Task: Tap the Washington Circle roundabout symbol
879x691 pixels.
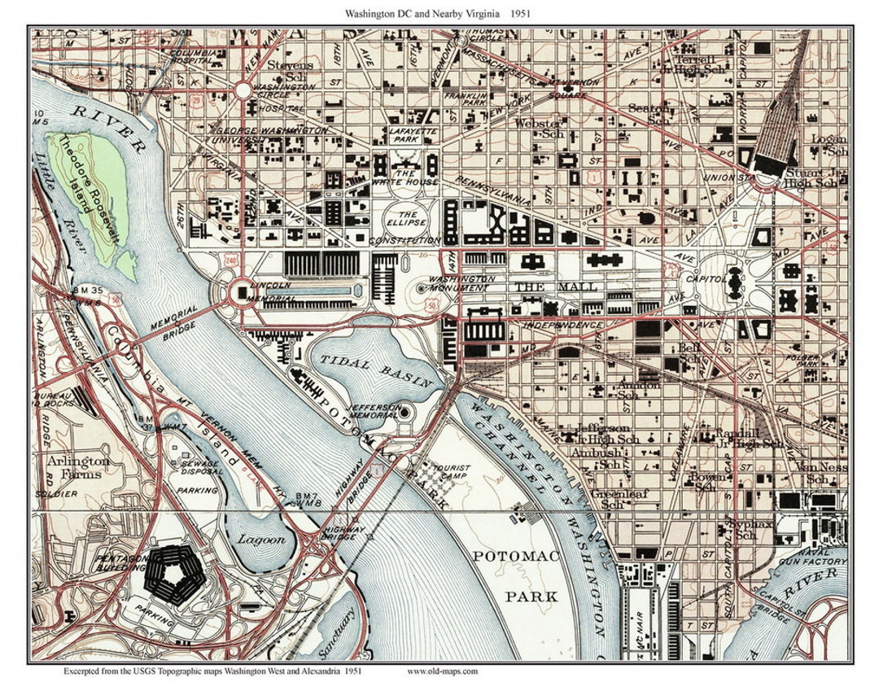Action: point(243,90)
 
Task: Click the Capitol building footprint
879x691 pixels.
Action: point(733,281)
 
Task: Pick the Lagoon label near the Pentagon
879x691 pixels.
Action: point(262,540)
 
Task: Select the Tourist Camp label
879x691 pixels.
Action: point(452,474)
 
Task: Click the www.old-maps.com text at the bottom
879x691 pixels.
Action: point(442,672)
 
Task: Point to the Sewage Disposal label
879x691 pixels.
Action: point(201,467)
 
